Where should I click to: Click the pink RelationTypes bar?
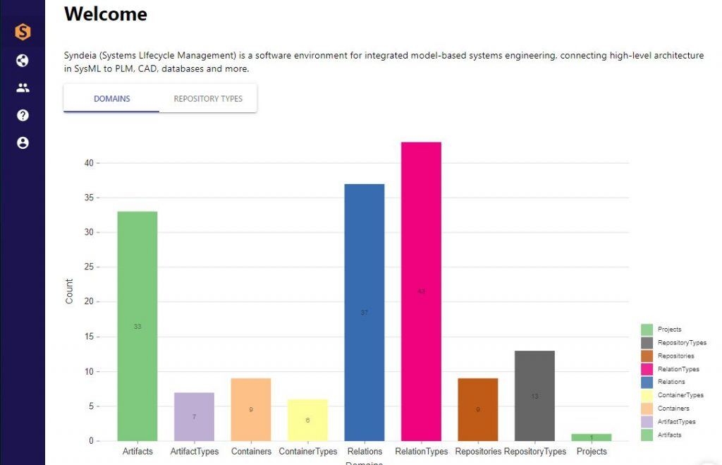point(421,291)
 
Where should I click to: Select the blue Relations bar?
point(364,312)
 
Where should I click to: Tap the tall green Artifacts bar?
point(137,326)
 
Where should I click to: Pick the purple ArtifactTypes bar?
point(194,416)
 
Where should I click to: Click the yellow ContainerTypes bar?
point(307,420)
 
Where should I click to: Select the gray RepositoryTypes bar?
point(534,396)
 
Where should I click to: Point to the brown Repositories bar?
point(477,409)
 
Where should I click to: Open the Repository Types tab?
point(208,99)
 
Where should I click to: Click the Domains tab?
point(112,99)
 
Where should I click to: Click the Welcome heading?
point(106,14)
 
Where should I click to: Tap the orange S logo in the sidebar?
point(23,32)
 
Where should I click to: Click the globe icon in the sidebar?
point(23,61)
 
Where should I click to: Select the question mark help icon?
point(23,115)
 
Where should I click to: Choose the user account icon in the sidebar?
point(23,143)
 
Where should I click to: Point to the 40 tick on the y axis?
point(89,163)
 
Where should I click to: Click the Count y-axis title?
point(69,291)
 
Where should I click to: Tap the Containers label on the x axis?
point(251,452)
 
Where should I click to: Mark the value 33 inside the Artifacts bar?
point(137,327)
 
